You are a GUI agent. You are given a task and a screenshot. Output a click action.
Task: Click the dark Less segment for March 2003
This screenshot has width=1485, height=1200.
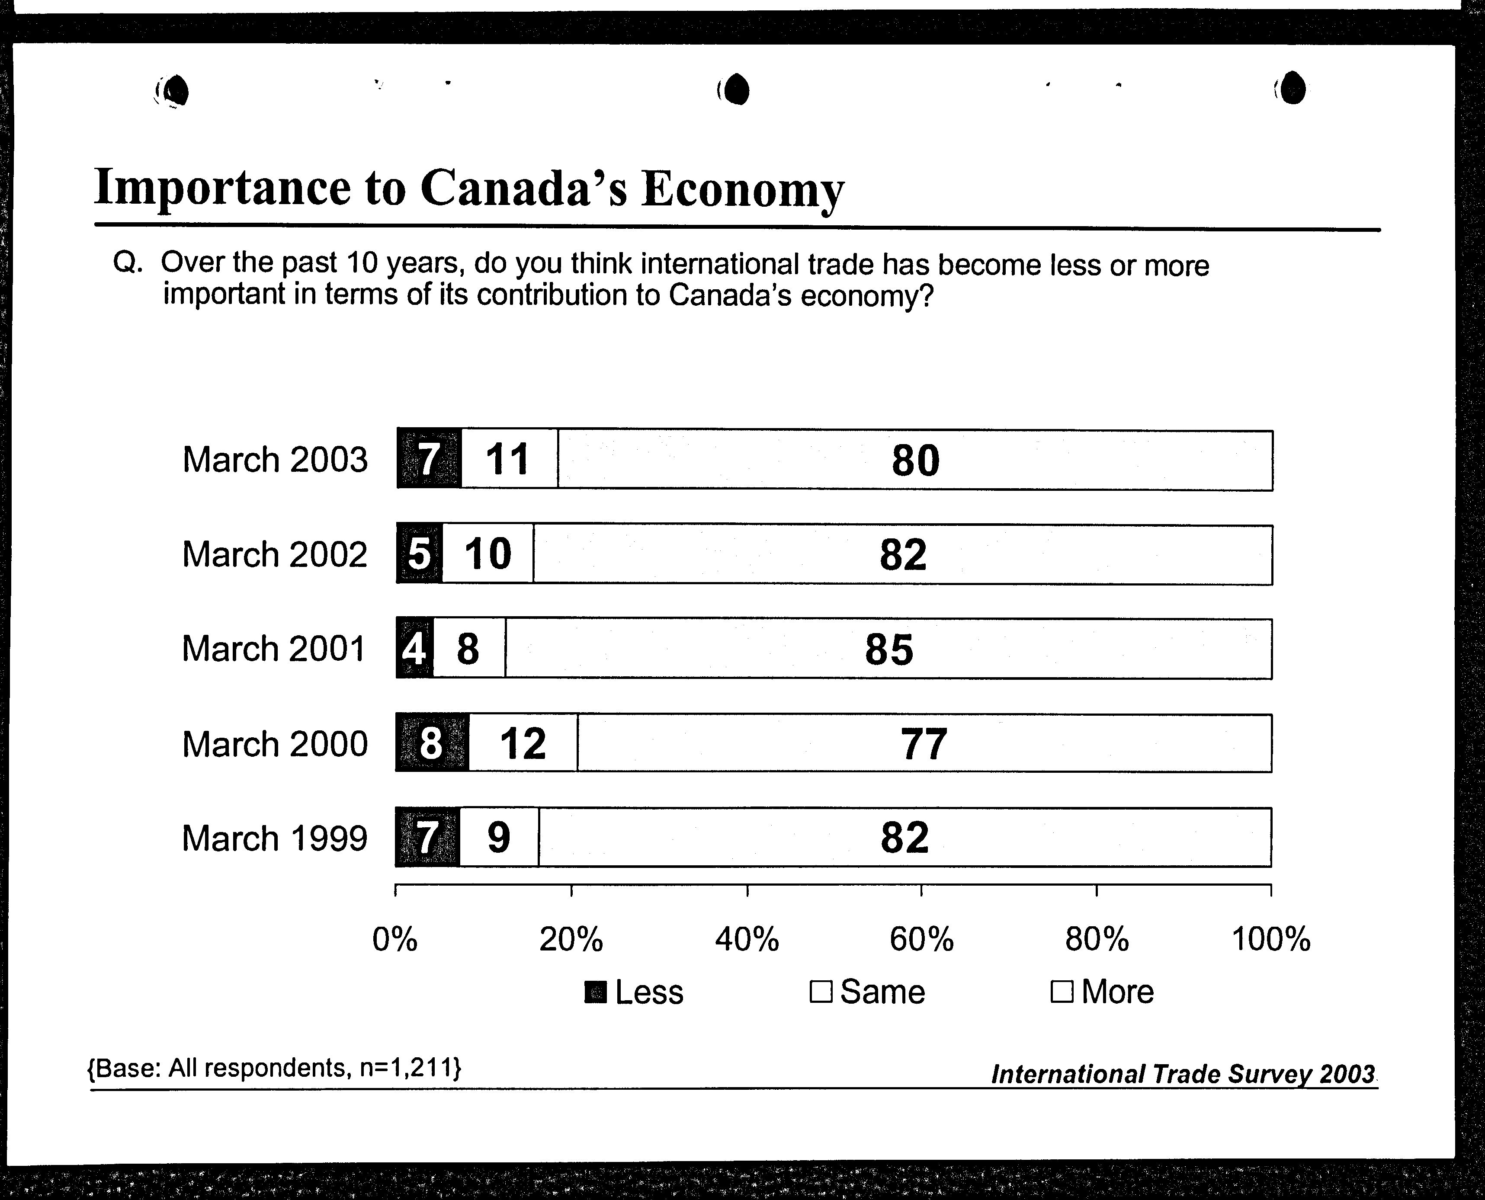click(429, 459)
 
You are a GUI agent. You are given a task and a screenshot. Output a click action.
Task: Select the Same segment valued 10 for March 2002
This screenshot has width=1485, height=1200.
click(488, 554)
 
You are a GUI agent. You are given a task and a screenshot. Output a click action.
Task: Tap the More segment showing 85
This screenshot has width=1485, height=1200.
click(888, 648)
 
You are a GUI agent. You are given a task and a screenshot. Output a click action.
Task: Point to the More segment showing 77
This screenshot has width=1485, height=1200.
click(924, 742)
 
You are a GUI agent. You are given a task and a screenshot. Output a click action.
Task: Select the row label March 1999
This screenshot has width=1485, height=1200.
click(274, 838)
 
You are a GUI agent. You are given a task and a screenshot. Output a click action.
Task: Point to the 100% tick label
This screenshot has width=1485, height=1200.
click(1271, 939)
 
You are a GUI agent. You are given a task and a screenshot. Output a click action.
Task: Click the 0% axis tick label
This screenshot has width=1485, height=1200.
click(395, 939)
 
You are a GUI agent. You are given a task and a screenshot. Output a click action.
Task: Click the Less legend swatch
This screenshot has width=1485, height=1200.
click(595, 992)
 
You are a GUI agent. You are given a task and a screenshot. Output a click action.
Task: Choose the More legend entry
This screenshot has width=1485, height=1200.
click(1102, 992)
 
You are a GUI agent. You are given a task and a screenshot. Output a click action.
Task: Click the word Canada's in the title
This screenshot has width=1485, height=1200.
click(524, 187)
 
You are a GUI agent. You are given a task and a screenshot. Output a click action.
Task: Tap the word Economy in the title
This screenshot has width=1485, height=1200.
click(743, 190)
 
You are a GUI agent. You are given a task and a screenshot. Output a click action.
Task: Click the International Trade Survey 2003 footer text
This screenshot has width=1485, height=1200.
click(1183, 1073)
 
